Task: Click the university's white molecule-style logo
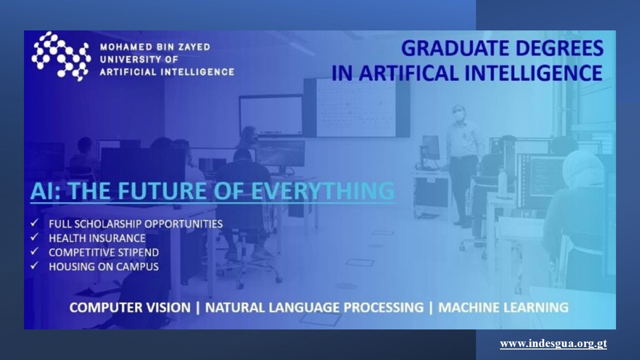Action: coord(61,56)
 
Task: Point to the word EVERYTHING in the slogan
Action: coord(323,190)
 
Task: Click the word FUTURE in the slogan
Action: coord(161,190)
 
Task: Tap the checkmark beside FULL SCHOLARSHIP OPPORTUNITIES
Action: coord(34,223)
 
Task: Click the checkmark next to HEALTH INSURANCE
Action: coord(34,237)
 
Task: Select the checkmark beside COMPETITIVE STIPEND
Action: coord(34,251)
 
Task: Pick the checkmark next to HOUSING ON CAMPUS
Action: coord(34,265)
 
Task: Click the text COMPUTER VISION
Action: coord(130,307)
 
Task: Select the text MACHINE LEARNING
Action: coord(503,307)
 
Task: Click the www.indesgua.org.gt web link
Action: coord(553,343)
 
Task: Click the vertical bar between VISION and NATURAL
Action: coord(197,308)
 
